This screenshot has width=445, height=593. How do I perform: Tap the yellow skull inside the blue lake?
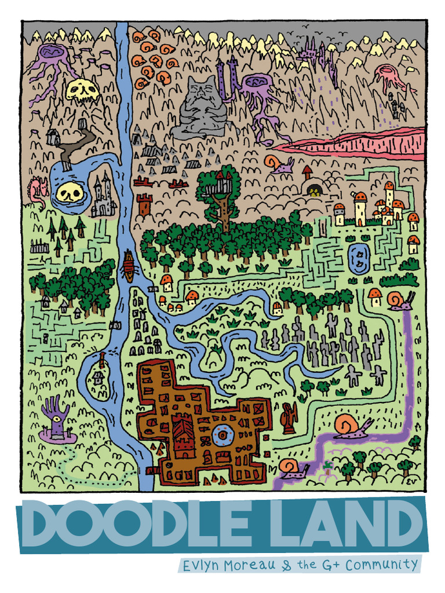pyautogui.click(x=69, y=192)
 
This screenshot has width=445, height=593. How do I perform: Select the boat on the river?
pyautogui.click(x=129, y=266)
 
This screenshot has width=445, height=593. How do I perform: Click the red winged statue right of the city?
pyautogui.click(x=288, y=418)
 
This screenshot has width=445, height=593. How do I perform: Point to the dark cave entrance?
pyautogui.click(x=315, y=190)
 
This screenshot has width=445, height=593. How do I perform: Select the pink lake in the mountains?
pyautogui.click(x=359, y=144)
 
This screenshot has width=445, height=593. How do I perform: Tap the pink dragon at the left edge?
pyautogui.click(x=38, y=190)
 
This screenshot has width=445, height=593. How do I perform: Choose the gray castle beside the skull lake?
pyautogui.click(x=103, y=197)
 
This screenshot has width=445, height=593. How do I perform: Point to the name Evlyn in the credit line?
pyautogui.click(x=201, y=566)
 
